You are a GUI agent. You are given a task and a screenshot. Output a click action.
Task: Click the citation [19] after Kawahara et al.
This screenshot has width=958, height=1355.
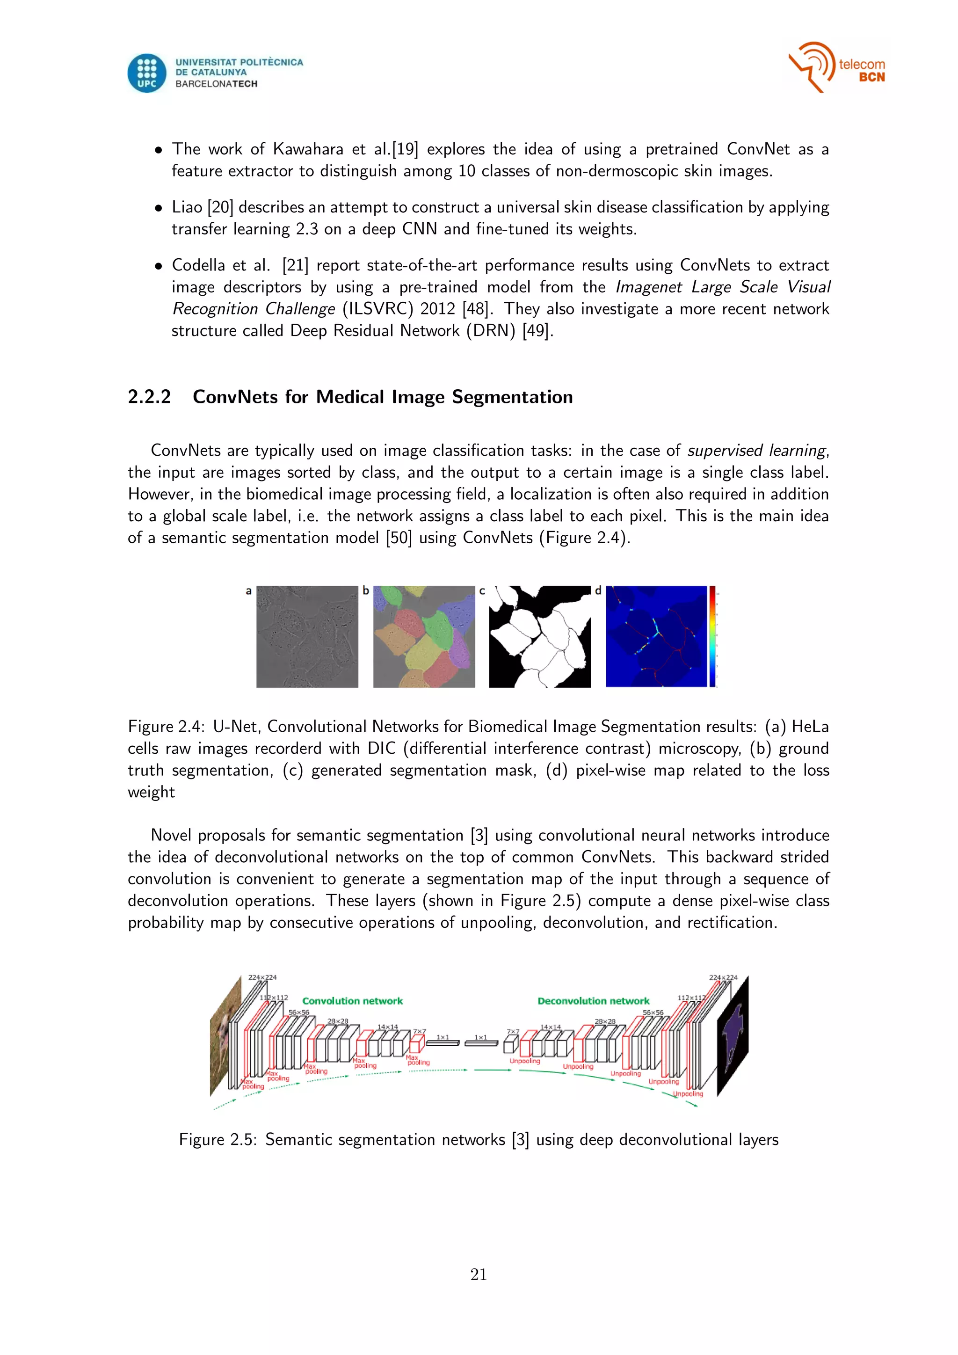pyautogui.click(x=405, y=149)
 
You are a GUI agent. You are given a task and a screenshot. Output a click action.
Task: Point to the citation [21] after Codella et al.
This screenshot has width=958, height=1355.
pyautogui.click(x=295, y=266)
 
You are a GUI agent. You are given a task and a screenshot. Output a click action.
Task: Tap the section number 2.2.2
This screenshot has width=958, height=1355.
pyautogui.click(x=149, y=397)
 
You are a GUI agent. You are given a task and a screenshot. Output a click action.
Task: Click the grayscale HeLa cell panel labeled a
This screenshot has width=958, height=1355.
pyautogui.click(x=307, y=636)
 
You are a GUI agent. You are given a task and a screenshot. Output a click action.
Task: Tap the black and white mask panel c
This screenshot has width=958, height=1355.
pyautogui.click(x=540, y=636)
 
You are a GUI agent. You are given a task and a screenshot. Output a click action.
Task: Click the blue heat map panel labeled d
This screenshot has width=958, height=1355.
pyautogui.click(x=656, y=636)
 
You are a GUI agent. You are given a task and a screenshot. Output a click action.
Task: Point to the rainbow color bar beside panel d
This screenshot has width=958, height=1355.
pyautogui.click(x=712, y=636)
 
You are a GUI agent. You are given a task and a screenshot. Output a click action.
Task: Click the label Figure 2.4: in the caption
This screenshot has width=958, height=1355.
pyautogui.click(x=166, y=727)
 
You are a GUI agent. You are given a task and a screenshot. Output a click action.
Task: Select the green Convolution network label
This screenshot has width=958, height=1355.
pyautogui.click(x=352, y=1001)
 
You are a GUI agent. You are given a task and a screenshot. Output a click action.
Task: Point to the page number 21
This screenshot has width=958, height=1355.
pyautogui.click(x=479, y=1275)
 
